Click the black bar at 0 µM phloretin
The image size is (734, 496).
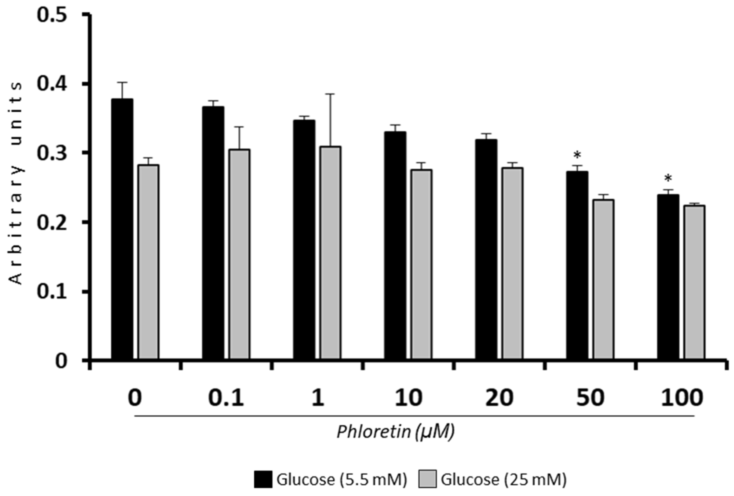122,229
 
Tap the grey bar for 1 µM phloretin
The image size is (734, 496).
330,253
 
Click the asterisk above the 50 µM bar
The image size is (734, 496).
578,155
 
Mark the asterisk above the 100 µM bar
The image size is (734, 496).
668,179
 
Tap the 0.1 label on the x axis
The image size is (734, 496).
226,398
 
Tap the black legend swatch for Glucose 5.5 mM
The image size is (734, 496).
263,479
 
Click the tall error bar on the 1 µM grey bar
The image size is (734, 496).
330,120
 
